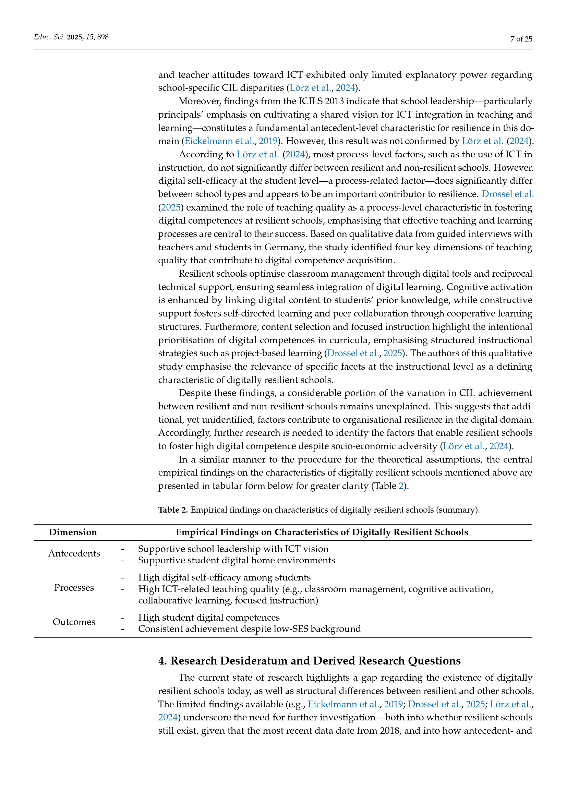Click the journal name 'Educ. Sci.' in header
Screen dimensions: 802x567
tap(49, 37)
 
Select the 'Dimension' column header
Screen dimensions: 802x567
tap(73, 532)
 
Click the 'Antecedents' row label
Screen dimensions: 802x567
tap(74, 553)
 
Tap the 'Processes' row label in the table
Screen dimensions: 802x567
tap(74, 588)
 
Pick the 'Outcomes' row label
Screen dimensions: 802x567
tap(74, 622)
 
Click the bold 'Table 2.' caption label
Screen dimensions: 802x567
tap(173, 510)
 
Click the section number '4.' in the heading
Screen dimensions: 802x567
tap(162, 661)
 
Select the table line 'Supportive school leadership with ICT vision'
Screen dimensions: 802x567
tap(233, 549)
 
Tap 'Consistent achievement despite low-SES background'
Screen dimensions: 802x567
tap(249, 629)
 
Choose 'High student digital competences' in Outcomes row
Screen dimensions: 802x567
tap(209, 617)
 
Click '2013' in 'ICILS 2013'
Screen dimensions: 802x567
tap(334, 101)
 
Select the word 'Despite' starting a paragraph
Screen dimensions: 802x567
tap(193, 393)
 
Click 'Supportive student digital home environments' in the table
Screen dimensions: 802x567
tap(237, 560)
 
